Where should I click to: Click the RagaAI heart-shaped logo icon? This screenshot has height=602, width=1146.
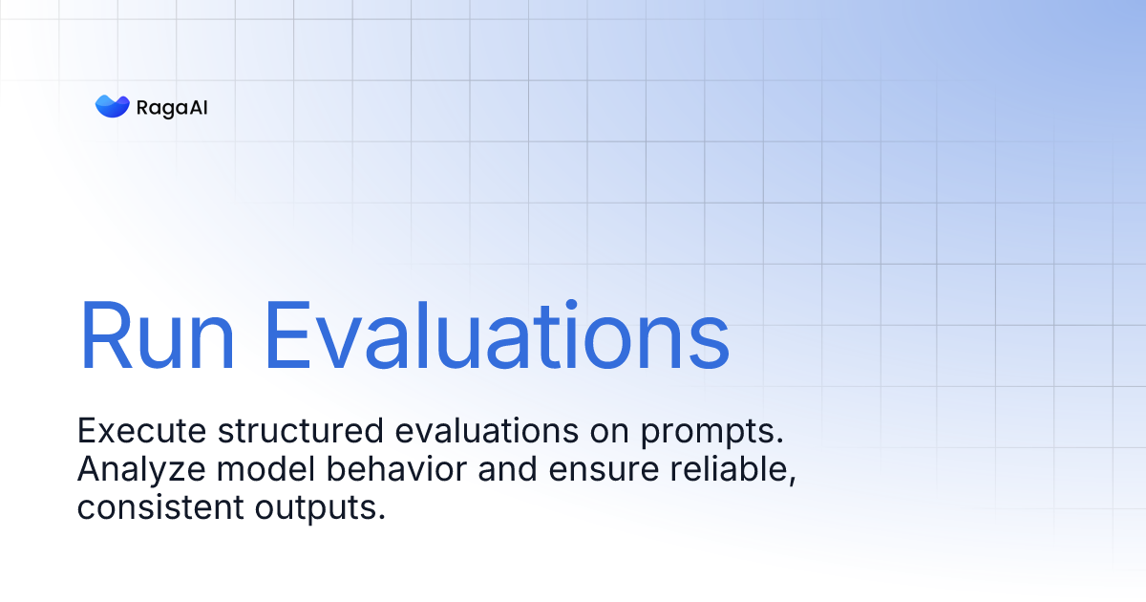112,107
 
